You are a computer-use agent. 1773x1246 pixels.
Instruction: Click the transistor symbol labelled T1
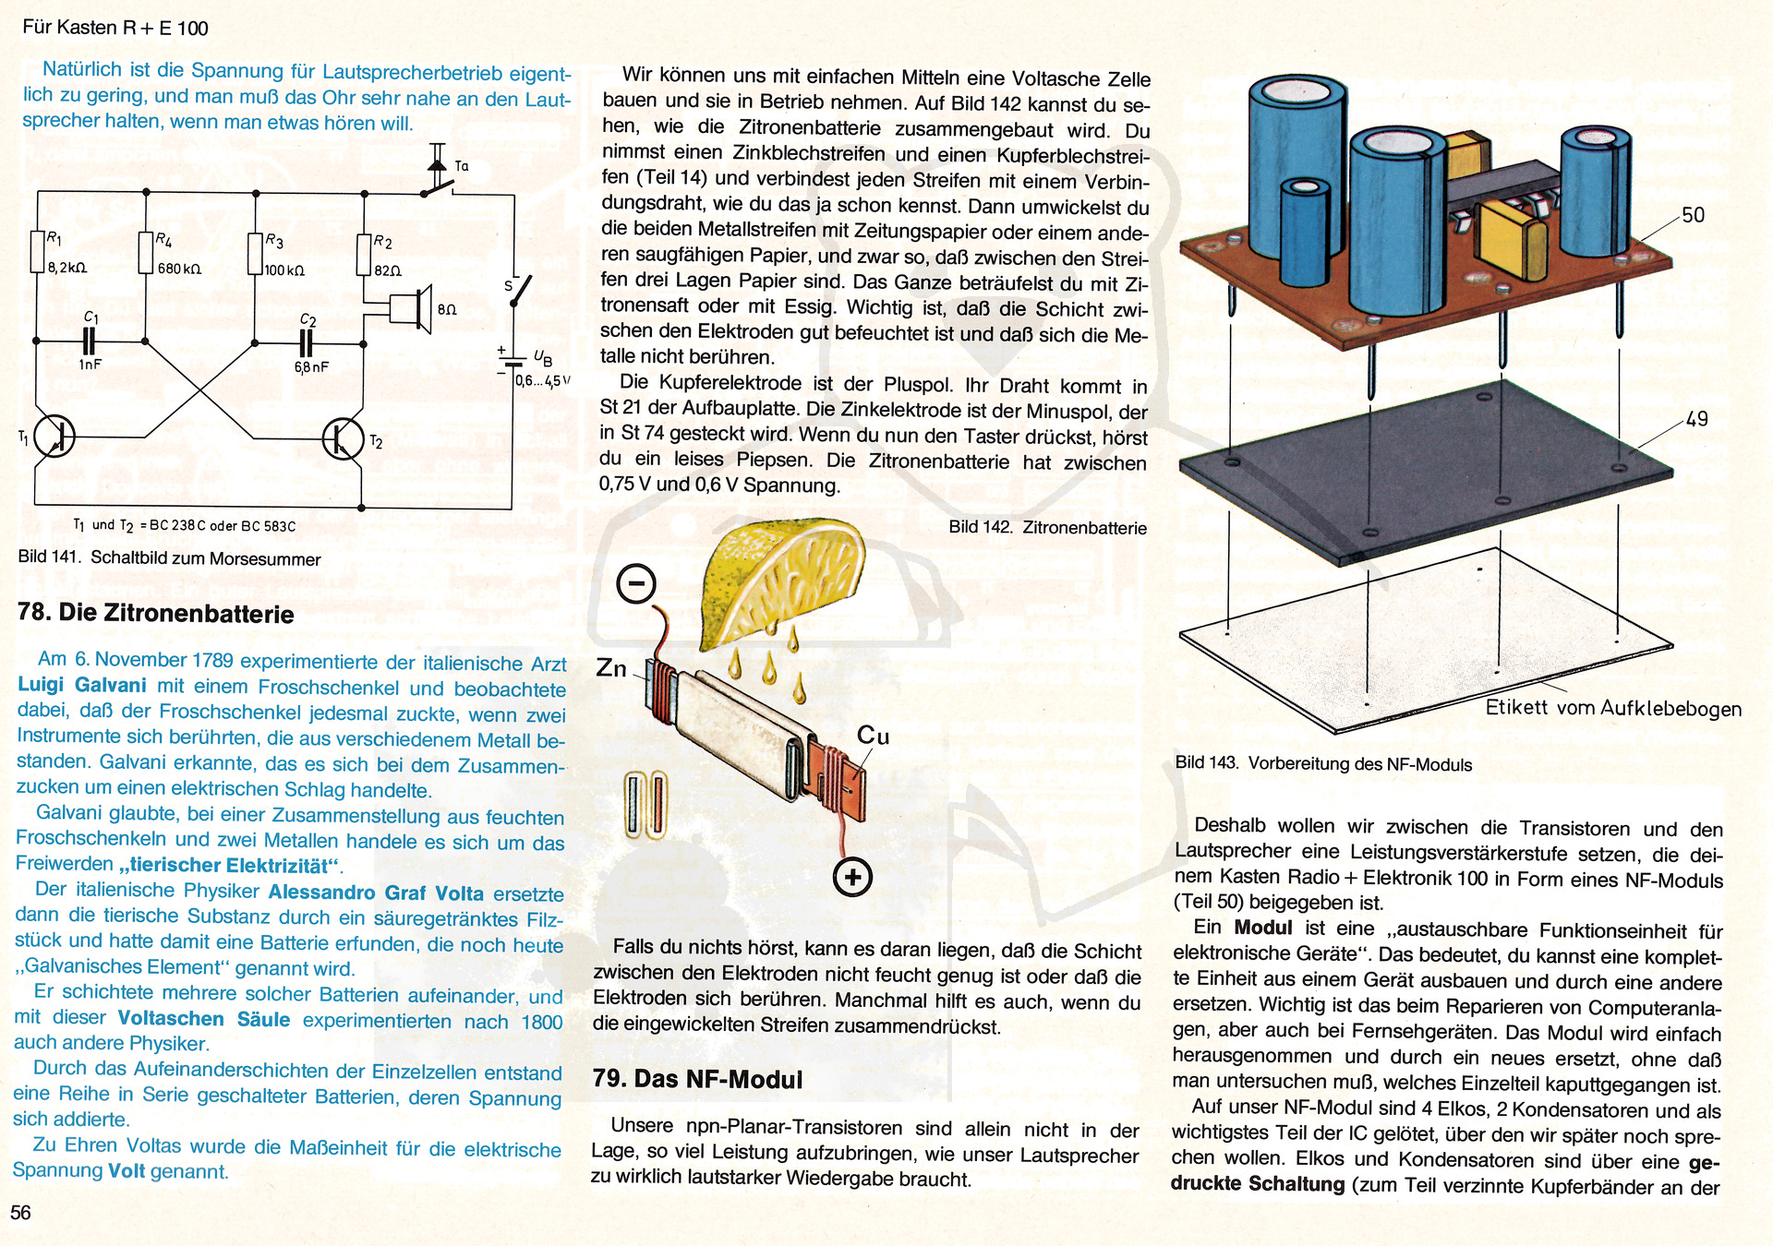coord(54,436)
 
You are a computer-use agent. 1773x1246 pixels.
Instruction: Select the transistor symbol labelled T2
coord(344,438)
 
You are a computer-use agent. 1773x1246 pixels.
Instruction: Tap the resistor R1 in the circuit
coord(38,251)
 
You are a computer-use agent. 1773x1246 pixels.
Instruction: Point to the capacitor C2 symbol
coord(307,343)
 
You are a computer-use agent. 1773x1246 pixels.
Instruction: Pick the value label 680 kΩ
coord(178,269)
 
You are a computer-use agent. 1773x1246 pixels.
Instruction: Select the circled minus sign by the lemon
coord(636,583)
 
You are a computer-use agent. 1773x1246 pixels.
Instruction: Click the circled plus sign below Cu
coord(852,877)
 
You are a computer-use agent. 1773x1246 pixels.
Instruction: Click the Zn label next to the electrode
coord(611,668)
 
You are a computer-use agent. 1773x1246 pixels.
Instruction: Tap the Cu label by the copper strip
coord(873,736)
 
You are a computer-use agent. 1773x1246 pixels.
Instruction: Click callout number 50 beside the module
coord(1693,215)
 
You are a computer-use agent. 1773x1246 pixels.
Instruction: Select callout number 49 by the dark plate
coord(1696,419)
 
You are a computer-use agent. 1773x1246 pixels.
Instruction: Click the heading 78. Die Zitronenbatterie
coord(156,614)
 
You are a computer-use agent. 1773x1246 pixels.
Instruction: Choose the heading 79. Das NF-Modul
coord(697,1079)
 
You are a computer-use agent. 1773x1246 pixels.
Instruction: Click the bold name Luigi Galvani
coord(82,685)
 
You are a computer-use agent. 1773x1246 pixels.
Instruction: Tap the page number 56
coord(20,1213)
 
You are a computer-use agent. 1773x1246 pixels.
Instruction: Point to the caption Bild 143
coord(1322,764)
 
